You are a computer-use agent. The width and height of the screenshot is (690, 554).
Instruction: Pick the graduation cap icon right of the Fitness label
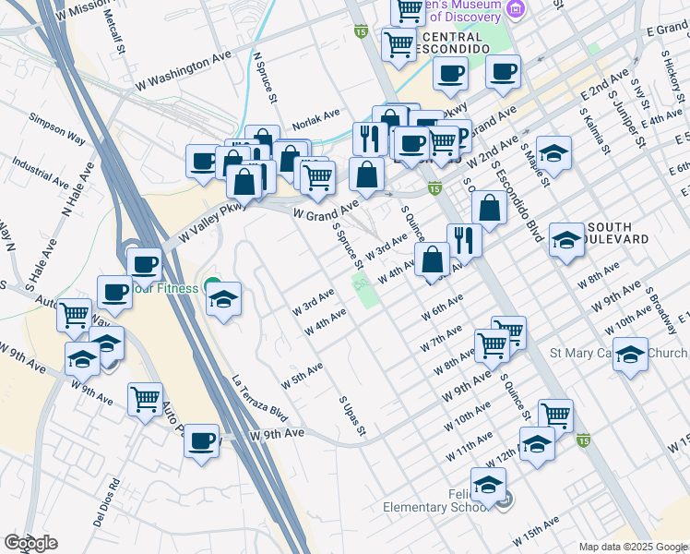click(224, 299)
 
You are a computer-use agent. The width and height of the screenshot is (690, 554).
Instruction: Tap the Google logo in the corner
click(30, 542)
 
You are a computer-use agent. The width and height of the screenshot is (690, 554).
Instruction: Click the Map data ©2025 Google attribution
click(633, 547)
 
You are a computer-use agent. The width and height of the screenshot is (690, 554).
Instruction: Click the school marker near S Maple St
click(554, 152)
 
